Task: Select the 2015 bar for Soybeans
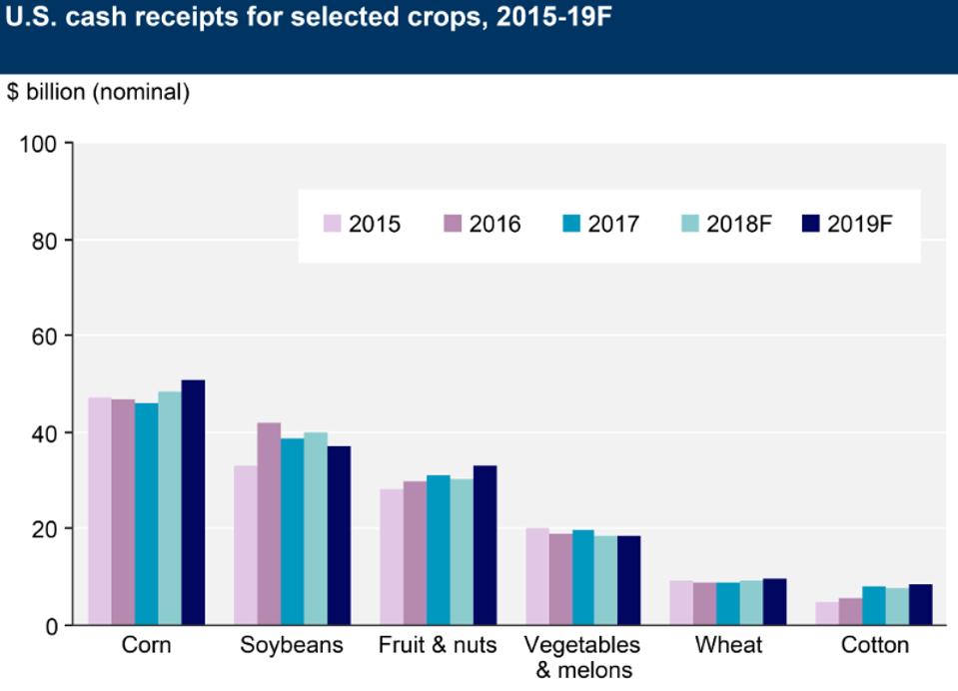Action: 245,545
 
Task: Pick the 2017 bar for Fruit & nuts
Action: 438,550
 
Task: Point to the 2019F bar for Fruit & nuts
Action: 484,545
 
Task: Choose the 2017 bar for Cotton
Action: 874,605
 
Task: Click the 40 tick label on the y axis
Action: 48,433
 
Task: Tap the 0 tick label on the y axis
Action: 54,626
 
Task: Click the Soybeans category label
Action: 292,645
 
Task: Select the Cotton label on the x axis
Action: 875,645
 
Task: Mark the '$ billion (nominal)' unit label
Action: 98,93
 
